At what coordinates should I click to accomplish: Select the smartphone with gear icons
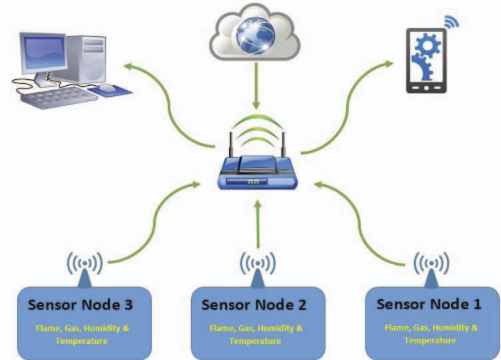pyautogui.click(x=427, y=60)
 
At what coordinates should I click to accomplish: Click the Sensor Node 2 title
pyautogui.click(x=254, y=305)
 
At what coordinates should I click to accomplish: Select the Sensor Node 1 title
pyautogui.click(x=429, y=304)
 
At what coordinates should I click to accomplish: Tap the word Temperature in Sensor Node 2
pyautogui.click(x=255, y=341)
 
